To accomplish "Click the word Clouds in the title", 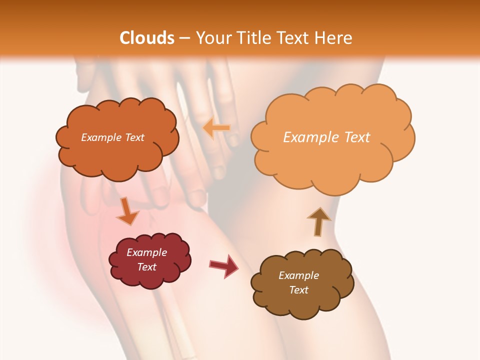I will click(x=147, y=37).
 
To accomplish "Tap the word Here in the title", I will click(x=333, y=37).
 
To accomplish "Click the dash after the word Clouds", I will click(x=185, y=38).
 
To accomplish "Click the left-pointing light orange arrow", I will click(x=216, y=128).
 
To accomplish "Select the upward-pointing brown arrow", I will click(x=318, y=221).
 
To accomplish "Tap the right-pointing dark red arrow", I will click(x=224, y=265).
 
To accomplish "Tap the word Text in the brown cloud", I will click(x=298, y=290).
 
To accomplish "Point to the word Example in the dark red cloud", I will click(x=146, y=252).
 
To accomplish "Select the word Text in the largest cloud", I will click(x=357, y=137).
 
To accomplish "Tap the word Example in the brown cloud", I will click(x=298, y=275).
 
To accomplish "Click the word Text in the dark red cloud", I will click(x=146, y=267).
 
